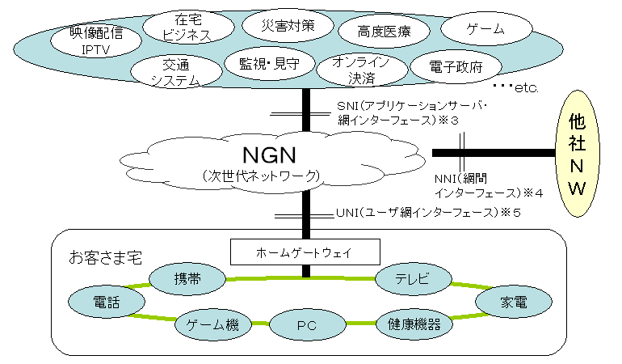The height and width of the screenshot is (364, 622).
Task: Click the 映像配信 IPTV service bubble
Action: (x=95, y=41)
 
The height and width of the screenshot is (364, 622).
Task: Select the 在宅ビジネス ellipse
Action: (x=187, y=28)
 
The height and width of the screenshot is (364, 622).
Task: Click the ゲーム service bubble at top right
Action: (x=485, y=29)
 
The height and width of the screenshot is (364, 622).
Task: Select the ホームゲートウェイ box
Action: (x=304, y=252)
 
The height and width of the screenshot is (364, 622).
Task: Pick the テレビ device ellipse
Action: (x=412, y=279)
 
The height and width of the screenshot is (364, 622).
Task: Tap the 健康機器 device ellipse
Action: (x=414, y=325)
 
